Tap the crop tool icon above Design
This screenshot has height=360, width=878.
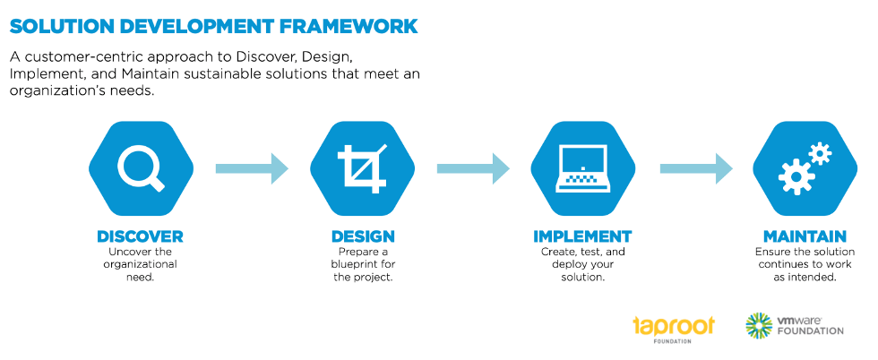(362, 167)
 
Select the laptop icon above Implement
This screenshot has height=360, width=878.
(583, 168)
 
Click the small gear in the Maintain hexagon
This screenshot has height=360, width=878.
(820, 153)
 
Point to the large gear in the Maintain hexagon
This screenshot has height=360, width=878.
(796, 177)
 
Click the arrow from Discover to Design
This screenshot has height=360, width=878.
(252, 168)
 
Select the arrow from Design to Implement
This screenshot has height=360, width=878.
(473, 168)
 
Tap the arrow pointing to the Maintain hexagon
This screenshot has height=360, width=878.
(696, 168)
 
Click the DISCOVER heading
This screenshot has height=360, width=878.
(140, 236)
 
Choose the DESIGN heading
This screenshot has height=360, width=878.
(363, 236)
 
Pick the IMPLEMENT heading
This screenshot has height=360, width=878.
(582, 236)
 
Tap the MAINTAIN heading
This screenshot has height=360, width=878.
(805, 236)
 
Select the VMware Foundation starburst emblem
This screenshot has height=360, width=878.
(759, 325)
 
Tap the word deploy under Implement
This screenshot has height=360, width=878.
(568, 264)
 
